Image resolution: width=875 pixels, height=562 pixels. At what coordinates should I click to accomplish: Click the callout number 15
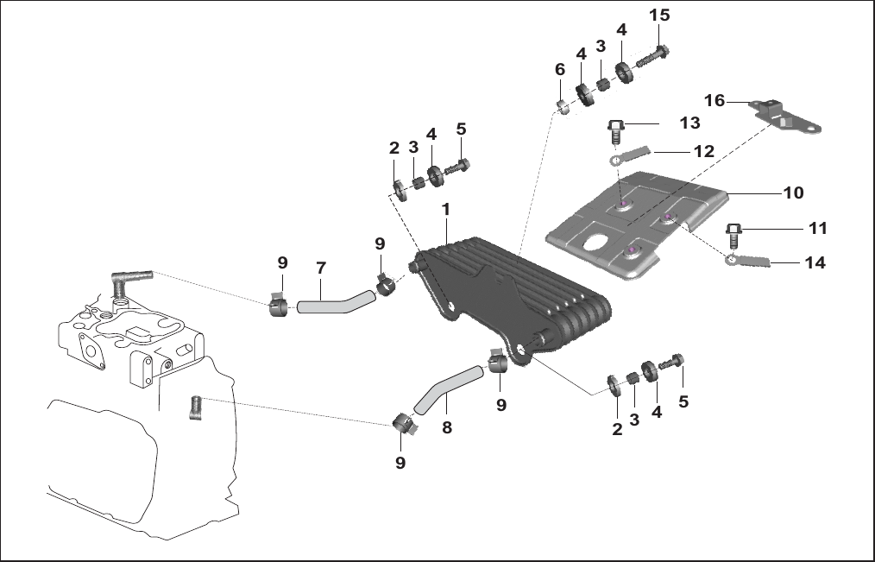click(x=659, y=15)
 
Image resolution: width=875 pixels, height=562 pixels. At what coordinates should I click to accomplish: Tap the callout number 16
click(x=714, y=100)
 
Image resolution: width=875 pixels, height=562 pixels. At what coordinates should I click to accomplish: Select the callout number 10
click(x=794, y=193)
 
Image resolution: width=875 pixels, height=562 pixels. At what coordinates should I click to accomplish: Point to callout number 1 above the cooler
click(x=445, y=209)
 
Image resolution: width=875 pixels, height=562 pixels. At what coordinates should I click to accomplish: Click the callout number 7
click(x=321, y=268)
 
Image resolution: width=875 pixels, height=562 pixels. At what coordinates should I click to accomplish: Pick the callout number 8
click(x=446, y=427)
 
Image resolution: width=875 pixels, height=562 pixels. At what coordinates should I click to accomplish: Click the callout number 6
click(x=560, y=69)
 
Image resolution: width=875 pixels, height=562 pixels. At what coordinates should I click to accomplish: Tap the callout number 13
click(x=689, y=123)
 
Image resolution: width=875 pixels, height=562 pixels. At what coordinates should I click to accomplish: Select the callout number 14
click(x=815, y=262)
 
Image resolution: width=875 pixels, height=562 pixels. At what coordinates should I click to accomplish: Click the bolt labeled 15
click(x=653, y=58)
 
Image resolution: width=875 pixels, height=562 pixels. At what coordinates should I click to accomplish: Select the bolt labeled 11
click(x=733, y=236)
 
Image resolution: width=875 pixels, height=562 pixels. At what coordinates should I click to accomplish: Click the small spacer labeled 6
click(x=563, y=106)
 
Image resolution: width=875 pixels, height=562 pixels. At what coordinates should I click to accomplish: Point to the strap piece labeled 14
click(x=748, y=260)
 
